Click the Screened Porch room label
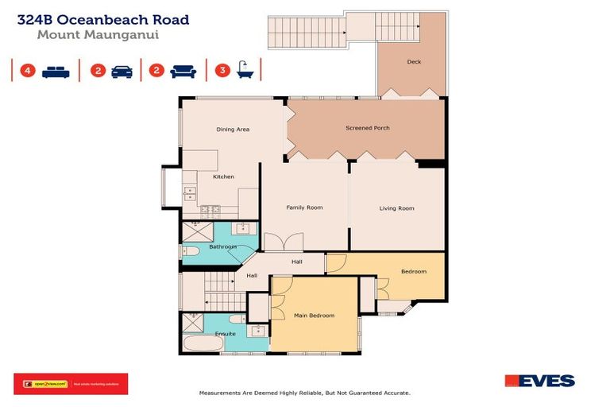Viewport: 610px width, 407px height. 367,128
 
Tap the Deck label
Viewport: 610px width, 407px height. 413,62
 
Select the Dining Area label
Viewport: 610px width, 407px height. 233,129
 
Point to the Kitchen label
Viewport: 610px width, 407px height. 223,176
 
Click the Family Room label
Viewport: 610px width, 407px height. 304,207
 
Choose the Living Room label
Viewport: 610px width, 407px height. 396,208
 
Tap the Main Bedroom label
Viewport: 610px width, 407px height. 315,316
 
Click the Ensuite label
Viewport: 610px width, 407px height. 226,334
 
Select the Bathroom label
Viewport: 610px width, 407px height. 222,247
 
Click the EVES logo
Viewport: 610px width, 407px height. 539,382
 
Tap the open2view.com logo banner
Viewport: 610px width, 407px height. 70,384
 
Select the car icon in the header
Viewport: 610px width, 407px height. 122,72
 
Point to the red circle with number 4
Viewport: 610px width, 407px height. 28,71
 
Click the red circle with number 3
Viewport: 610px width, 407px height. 222,71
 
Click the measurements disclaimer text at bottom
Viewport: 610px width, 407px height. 304,393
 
